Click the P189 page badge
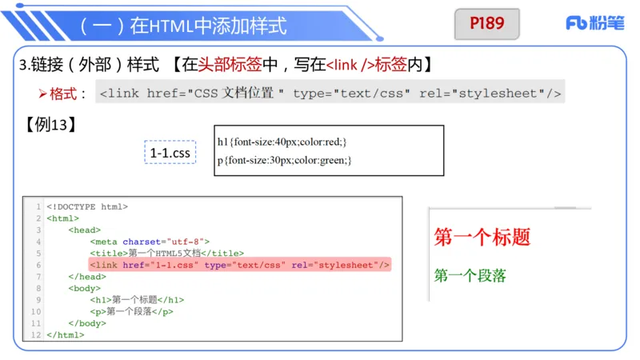pos(487,24)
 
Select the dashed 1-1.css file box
pos(170,152)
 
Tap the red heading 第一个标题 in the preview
pos(482,237)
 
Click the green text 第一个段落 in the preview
pos(470,275)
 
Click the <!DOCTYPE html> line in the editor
pos(87,206)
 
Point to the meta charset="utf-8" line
pos(150,242)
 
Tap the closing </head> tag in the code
pos(87,277)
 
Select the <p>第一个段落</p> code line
pos(131,312)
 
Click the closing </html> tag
pos(66,335)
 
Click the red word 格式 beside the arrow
pos(66,94)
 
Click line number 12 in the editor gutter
pos(36,335)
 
